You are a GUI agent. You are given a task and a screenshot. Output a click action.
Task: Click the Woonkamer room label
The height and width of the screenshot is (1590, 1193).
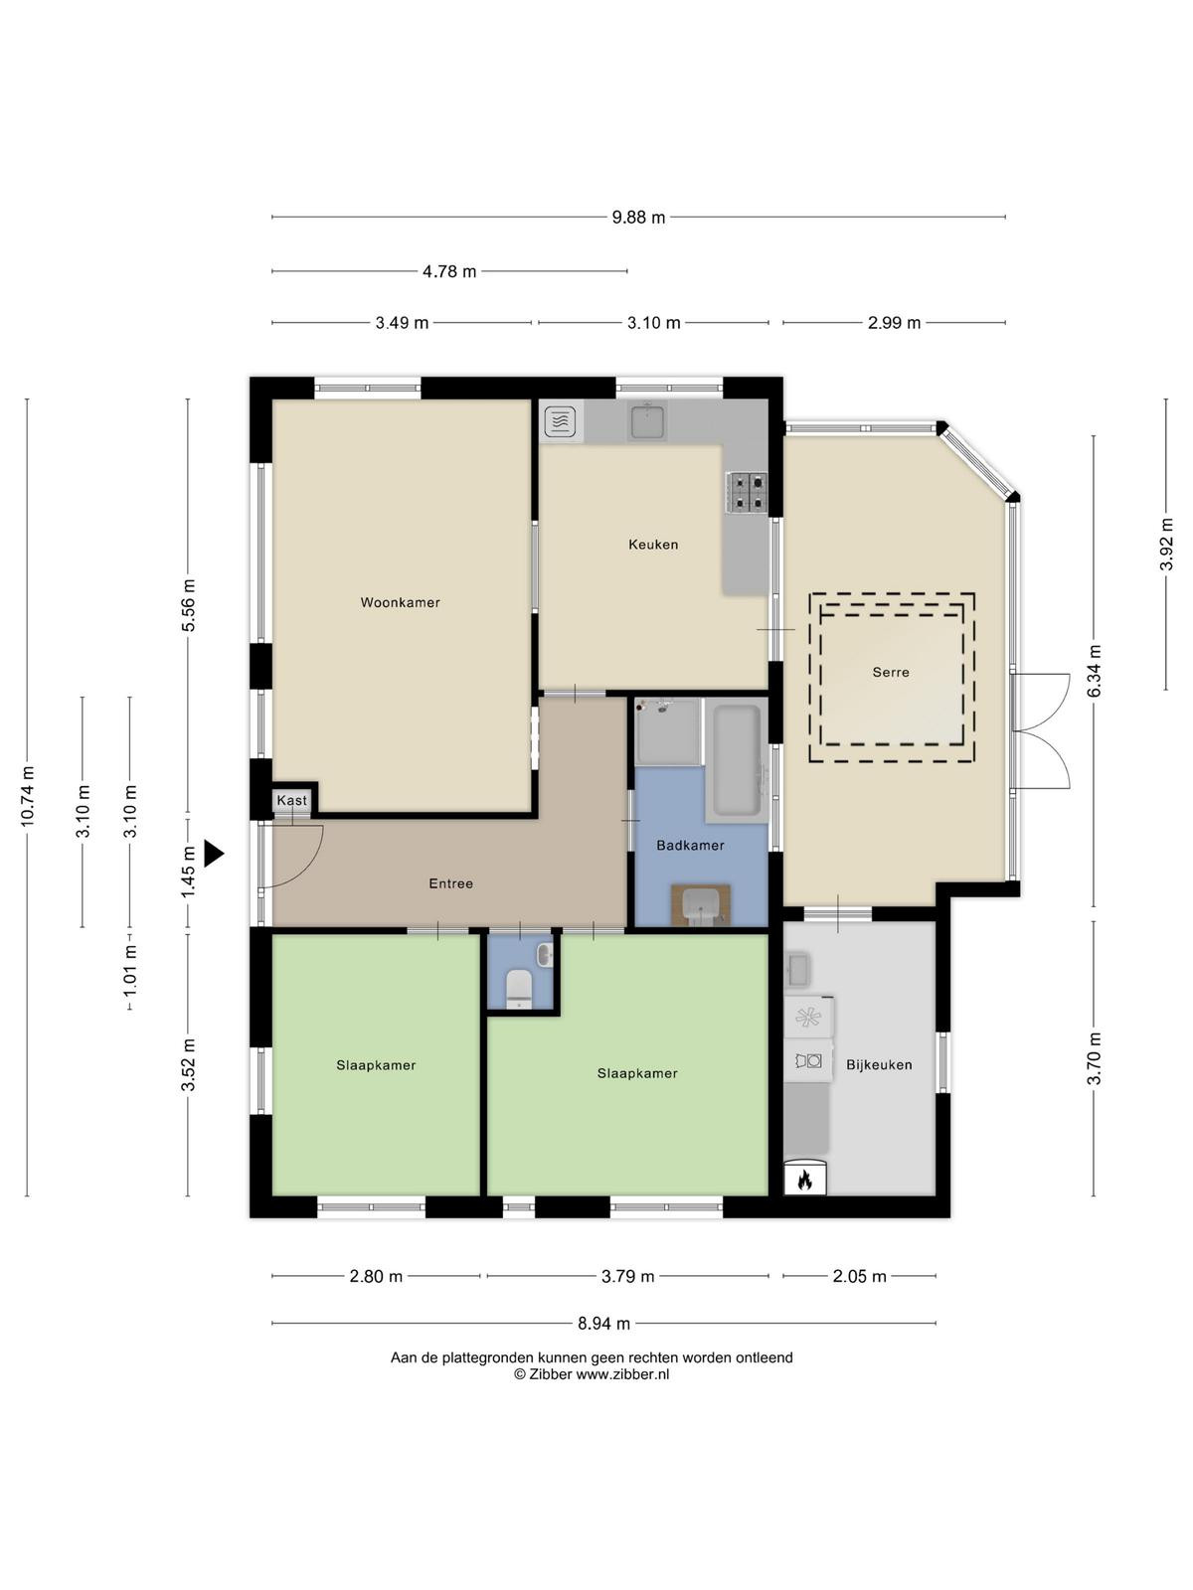coord(400,602)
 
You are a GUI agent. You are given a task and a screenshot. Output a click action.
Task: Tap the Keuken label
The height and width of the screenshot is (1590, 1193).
coord(652,544)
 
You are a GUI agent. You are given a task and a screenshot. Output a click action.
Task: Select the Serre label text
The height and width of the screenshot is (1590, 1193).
coord(890,672)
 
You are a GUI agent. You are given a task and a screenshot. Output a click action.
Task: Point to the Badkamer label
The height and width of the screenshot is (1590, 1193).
coord(690,845)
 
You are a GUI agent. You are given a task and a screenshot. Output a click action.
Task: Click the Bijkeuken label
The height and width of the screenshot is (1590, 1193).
coord(879,1064)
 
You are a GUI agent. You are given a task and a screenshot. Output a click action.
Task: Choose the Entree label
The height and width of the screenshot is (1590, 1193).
coord(450,883)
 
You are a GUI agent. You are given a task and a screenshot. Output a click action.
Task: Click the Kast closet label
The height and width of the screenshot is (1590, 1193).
coord(292,800)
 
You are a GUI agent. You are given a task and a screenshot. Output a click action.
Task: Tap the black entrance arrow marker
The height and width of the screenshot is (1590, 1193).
coord(213,853)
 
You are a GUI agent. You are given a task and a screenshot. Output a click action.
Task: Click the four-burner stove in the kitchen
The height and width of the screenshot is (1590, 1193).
coord(746,492)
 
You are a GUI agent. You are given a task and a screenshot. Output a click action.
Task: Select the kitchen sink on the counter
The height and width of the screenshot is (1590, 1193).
coord(647,420)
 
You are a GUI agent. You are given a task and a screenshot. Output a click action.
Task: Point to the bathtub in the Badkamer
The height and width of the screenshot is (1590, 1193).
coord(737,760)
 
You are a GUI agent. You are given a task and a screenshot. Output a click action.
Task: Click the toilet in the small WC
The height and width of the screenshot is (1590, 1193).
coord(519,988)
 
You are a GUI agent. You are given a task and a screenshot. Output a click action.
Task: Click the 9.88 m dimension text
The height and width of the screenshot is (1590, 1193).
coord(638,217)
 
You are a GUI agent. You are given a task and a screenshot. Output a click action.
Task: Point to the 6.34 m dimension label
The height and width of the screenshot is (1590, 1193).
coord(1094,671)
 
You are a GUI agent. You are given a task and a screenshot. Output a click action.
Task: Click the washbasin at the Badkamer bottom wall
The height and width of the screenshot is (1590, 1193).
coord(700,905)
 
